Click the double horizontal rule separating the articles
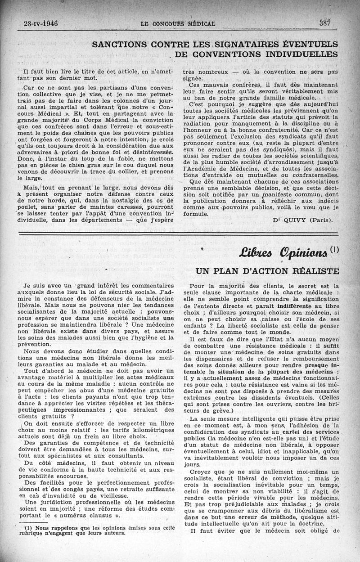coord(180,233)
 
